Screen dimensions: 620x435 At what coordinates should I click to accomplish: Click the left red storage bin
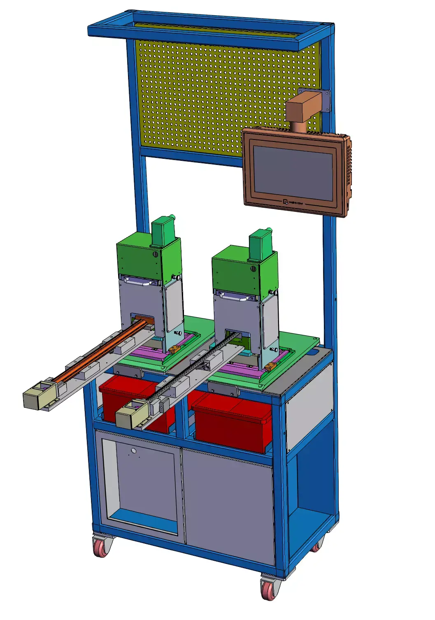click(x=123, y=397)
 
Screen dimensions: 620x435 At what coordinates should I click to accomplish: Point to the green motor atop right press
click(x=260, y=245)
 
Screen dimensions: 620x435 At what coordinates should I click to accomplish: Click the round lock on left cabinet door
click(x=134, y=451)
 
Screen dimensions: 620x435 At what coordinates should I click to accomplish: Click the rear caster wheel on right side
click(x=316, y=546)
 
